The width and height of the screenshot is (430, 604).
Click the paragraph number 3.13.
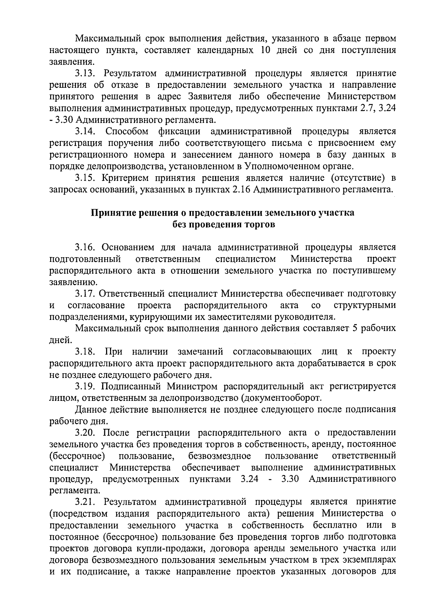(86, 74)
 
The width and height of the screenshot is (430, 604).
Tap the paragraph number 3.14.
(86, 131)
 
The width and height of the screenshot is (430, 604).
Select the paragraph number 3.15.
(86, 178)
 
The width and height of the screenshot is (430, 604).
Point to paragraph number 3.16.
(86, 248)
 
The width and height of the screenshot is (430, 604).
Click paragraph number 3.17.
(86, 294)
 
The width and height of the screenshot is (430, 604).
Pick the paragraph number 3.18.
(86, 352)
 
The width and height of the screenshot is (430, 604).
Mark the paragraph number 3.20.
(86, 433)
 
